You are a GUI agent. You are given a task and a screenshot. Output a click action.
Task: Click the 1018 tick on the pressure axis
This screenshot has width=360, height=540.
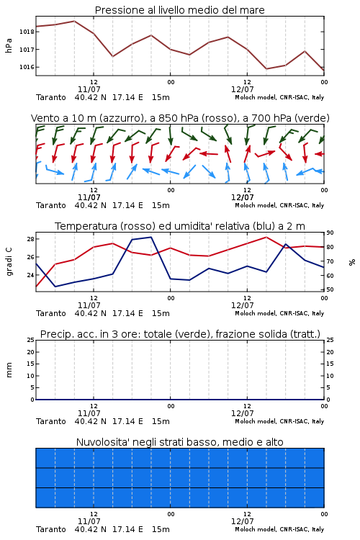(27, 32)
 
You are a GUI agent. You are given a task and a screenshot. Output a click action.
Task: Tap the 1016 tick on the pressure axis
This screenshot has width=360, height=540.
(27, 67)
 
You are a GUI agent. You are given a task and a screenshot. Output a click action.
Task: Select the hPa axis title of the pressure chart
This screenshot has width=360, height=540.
(9, 45)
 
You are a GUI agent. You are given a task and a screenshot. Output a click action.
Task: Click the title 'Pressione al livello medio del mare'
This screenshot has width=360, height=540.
(180, 10)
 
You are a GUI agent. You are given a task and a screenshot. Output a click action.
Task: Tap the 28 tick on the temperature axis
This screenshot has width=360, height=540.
(30, 239)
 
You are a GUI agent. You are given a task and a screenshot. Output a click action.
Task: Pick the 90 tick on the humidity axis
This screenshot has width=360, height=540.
(330, 233)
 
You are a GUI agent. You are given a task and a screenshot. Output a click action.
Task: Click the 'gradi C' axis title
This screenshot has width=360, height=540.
(9, 262)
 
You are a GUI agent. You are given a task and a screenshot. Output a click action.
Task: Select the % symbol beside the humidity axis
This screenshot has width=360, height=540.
(352, 262)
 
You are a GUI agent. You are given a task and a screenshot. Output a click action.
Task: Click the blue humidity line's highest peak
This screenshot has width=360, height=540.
(151, 237)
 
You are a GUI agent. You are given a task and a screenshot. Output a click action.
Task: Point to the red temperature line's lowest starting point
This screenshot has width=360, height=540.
(37, 286)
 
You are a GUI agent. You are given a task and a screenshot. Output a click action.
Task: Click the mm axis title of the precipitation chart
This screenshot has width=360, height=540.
(9, 370)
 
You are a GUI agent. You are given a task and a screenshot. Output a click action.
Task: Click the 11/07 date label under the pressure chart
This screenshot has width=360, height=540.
(89, 89)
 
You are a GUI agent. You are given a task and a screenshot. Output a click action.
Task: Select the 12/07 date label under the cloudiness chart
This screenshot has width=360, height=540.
(242, 521)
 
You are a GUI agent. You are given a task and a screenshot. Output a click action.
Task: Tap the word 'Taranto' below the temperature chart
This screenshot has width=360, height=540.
(51, 313)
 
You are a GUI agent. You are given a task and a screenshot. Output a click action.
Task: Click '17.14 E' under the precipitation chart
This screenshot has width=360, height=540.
(127, 421)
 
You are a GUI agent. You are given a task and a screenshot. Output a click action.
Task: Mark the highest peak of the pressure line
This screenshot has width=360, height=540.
(74, 21)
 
